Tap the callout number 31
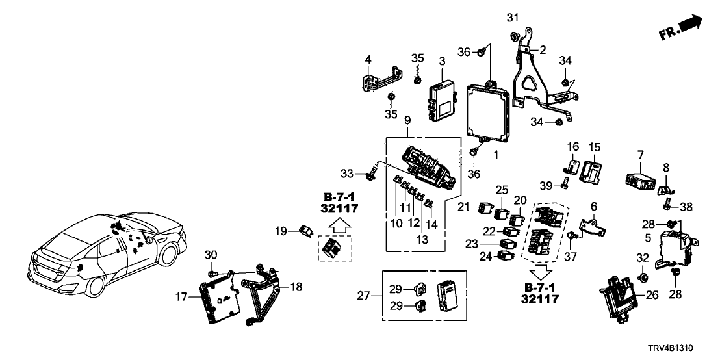click(513, 17)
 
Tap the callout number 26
click(652, 295)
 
